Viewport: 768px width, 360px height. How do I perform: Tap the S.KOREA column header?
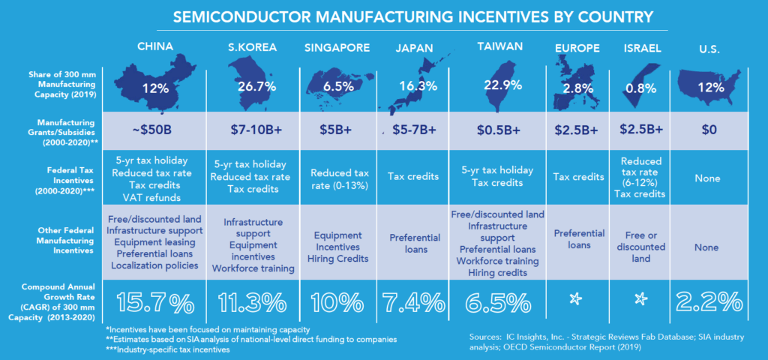click(253, 47)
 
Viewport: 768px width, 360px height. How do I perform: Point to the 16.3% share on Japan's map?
click(414, 86)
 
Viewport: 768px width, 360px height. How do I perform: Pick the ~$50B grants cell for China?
click(155, 129)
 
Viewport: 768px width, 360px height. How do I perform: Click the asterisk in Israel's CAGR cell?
click(641, 300)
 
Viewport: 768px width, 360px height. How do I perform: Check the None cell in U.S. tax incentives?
click(708, 178)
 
